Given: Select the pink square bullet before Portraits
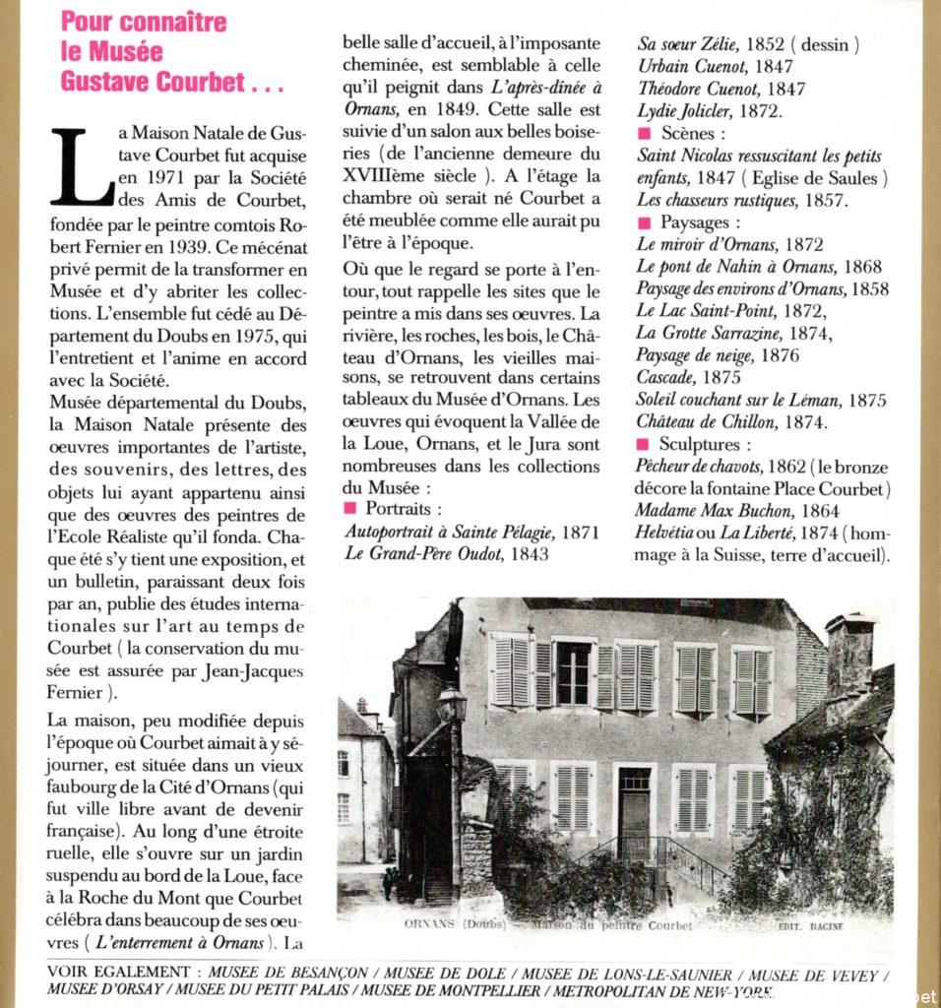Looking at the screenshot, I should coord(349,509).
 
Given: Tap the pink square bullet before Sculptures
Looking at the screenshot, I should coord(644,445).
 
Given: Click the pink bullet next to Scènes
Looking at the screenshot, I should coord(644,134).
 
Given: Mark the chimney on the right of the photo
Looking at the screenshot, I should coord(850,653).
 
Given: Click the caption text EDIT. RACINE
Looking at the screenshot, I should coord(811,926).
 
